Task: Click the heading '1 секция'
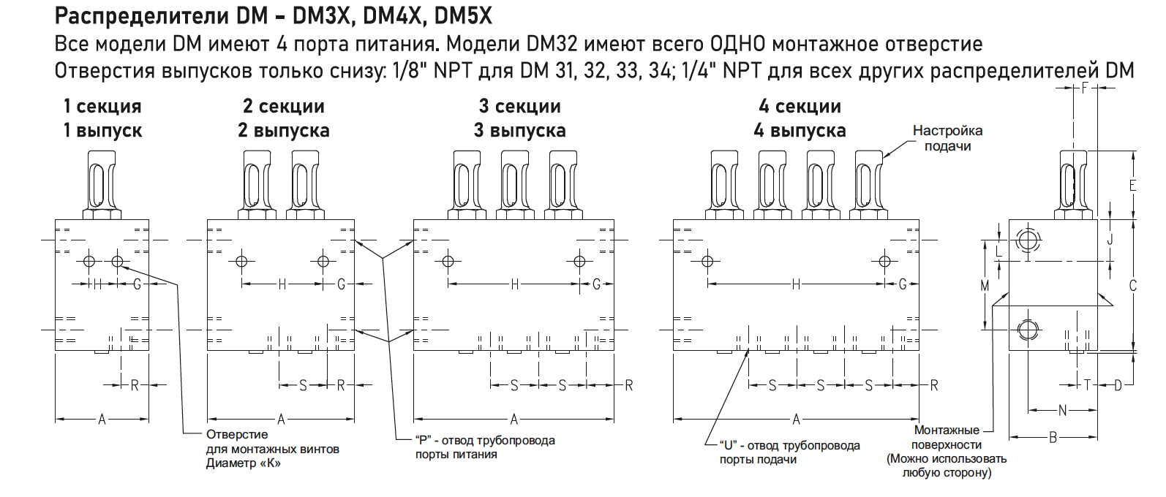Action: (x=102, y=107)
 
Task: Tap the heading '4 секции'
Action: (x=800, y=107)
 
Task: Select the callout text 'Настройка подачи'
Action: (x=947, y=138)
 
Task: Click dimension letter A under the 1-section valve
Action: (x=102, y=420)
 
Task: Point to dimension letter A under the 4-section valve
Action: (x=797, y=420)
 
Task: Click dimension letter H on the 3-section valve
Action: (x=514, y=284)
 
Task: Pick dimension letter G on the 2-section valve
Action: (x=341, y=284)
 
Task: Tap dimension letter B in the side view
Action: (x=1053, y=438)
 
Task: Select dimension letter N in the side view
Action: (x=1063, y=410)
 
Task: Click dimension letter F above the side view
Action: (x=1085, y=88)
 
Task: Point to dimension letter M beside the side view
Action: (x=985, y=286)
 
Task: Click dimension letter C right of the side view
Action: (x=1133, y=286)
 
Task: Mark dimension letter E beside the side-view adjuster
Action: (x=1132, y=185)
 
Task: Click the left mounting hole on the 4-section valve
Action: (x=707, y=261)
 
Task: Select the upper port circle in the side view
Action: (x=1028, y=240)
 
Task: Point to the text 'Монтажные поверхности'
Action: (x=947, y=437)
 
